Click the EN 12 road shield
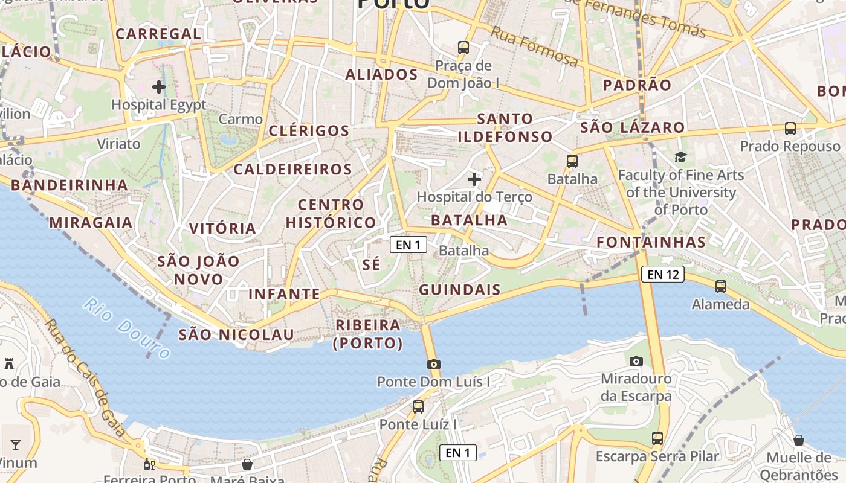coord(663,275)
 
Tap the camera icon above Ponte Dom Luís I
coord(433,364)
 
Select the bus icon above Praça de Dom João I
coord(463,47)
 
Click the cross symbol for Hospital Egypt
coord(159,87)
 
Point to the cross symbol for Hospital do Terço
coord(474,179)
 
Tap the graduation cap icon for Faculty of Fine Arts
coord(681,158)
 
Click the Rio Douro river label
coord(127,328)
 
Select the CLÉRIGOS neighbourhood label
coord(309,131)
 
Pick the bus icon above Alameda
coord(721,287)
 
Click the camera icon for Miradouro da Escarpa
coord(636,361)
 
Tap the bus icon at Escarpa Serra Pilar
coord(657,438)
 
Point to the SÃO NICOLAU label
coord(236,334)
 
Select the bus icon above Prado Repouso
coord(790,129)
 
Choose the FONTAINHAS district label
coord(651,242)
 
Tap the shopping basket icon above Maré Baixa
coord(247,464)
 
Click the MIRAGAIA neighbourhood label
coord(91,223)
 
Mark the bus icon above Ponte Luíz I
coord(418,407)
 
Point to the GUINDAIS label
coord(460,290)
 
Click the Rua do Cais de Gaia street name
coord(84,378)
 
